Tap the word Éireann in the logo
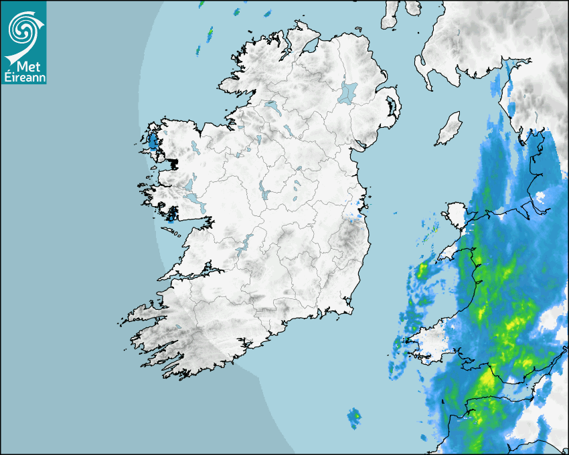click(24, 76)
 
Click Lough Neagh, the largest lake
click(348, 92)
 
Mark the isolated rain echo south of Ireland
click(353, 418)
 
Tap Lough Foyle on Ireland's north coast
click(310, 48)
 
